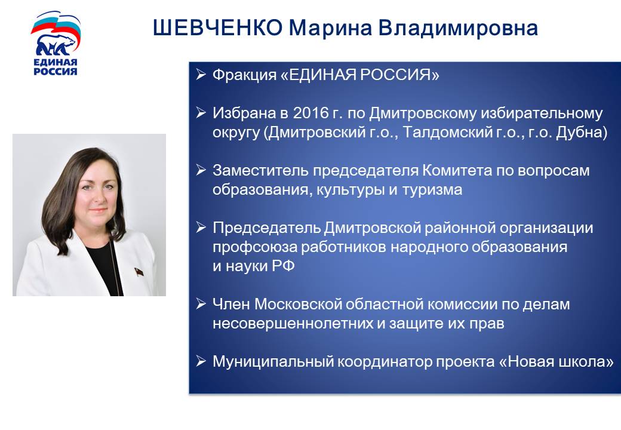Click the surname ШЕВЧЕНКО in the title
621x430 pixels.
(x=218, y=27)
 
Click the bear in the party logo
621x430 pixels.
(x=56, y=45)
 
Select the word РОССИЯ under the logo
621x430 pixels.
(x=55, y=71)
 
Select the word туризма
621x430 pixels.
(x=432, y=190)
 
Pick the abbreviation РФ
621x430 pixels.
(x=283, y=266)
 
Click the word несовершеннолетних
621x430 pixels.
(x=293, y=324)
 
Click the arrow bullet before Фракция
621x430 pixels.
(x=201, y=74)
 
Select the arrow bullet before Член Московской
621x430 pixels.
(x=201, y=304)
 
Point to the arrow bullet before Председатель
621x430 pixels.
(x=201, y=228)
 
